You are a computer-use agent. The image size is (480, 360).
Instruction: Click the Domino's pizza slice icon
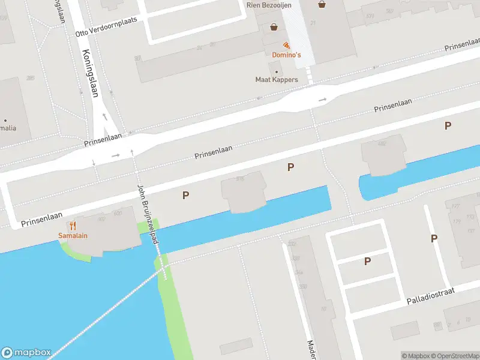[x=286, y=46]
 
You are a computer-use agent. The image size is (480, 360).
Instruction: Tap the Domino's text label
[x=286, y=55]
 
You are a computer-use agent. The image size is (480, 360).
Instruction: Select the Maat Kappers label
[x=277, y=80]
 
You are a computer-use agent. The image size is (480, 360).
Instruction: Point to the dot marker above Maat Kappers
[x=277, y=72]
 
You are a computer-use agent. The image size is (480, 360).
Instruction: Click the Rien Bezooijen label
[x=269, y=5]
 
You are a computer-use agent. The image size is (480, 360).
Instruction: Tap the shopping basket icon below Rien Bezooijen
[x=274, y=26]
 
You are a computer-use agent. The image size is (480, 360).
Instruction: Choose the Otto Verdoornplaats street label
[x=107, y=26]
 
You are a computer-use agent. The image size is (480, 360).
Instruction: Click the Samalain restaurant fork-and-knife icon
[x=73, y=226]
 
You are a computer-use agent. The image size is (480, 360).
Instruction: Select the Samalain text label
[x=73, y=235]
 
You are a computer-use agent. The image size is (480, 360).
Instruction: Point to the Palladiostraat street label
[x=431, y=296]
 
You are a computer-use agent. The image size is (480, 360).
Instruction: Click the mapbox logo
[x=26, y=352]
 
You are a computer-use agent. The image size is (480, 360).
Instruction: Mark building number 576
[x=241, y=179]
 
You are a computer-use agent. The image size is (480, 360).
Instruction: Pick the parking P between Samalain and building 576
[x=186, y=195]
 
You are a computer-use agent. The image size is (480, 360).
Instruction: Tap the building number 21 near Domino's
[x=313, y=23]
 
